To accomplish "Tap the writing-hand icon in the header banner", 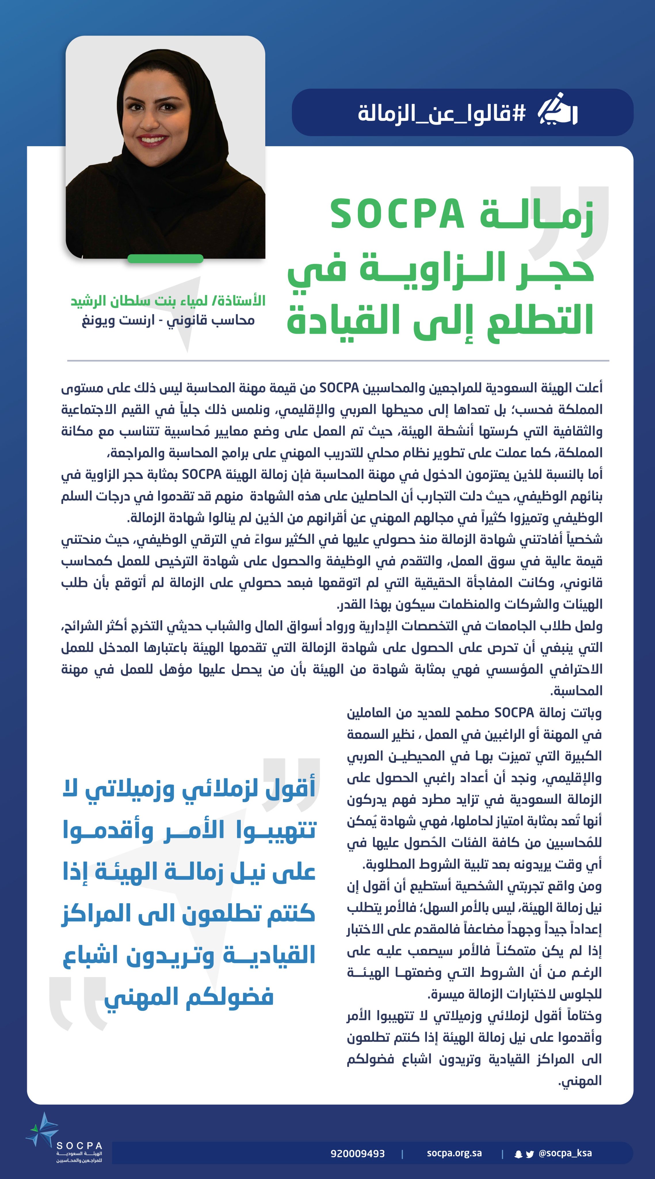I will (x=557, y=110).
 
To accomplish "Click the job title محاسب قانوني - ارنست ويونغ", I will (x=168, y=320).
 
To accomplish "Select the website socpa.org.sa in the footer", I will (x=454, y=1153).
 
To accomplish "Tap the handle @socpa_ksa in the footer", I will (x=565, y=1153).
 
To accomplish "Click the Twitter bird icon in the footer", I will (x=530, y=1154).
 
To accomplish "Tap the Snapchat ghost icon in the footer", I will (x=518, y=1154).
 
